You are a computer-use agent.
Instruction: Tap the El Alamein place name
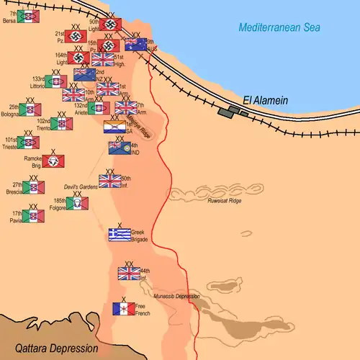click(x=264, y=101)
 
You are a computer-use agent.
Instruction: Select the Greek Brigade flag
click(x=120, y=234)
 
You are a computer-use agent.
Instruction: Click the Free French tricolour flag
click(x=123, y=309)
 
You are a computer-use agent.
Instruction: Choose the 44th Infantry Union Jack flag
click(x=129, y=273)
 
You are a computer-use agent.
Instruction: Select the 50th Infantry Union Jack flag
click(x=110, y=181)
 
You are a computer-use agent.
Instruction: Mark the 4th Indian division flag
click(x=119, y=148)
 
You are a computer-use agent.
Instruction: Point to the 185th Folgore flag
click(x=77, y=204)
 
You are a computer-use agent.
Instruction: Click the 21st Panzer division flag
click(x=76, y=36)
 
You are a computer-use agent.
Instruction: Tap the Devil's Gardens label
click(x=80, y=186)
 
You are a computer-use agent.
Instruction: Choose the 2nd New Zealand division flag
click(x=85, y=74)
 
